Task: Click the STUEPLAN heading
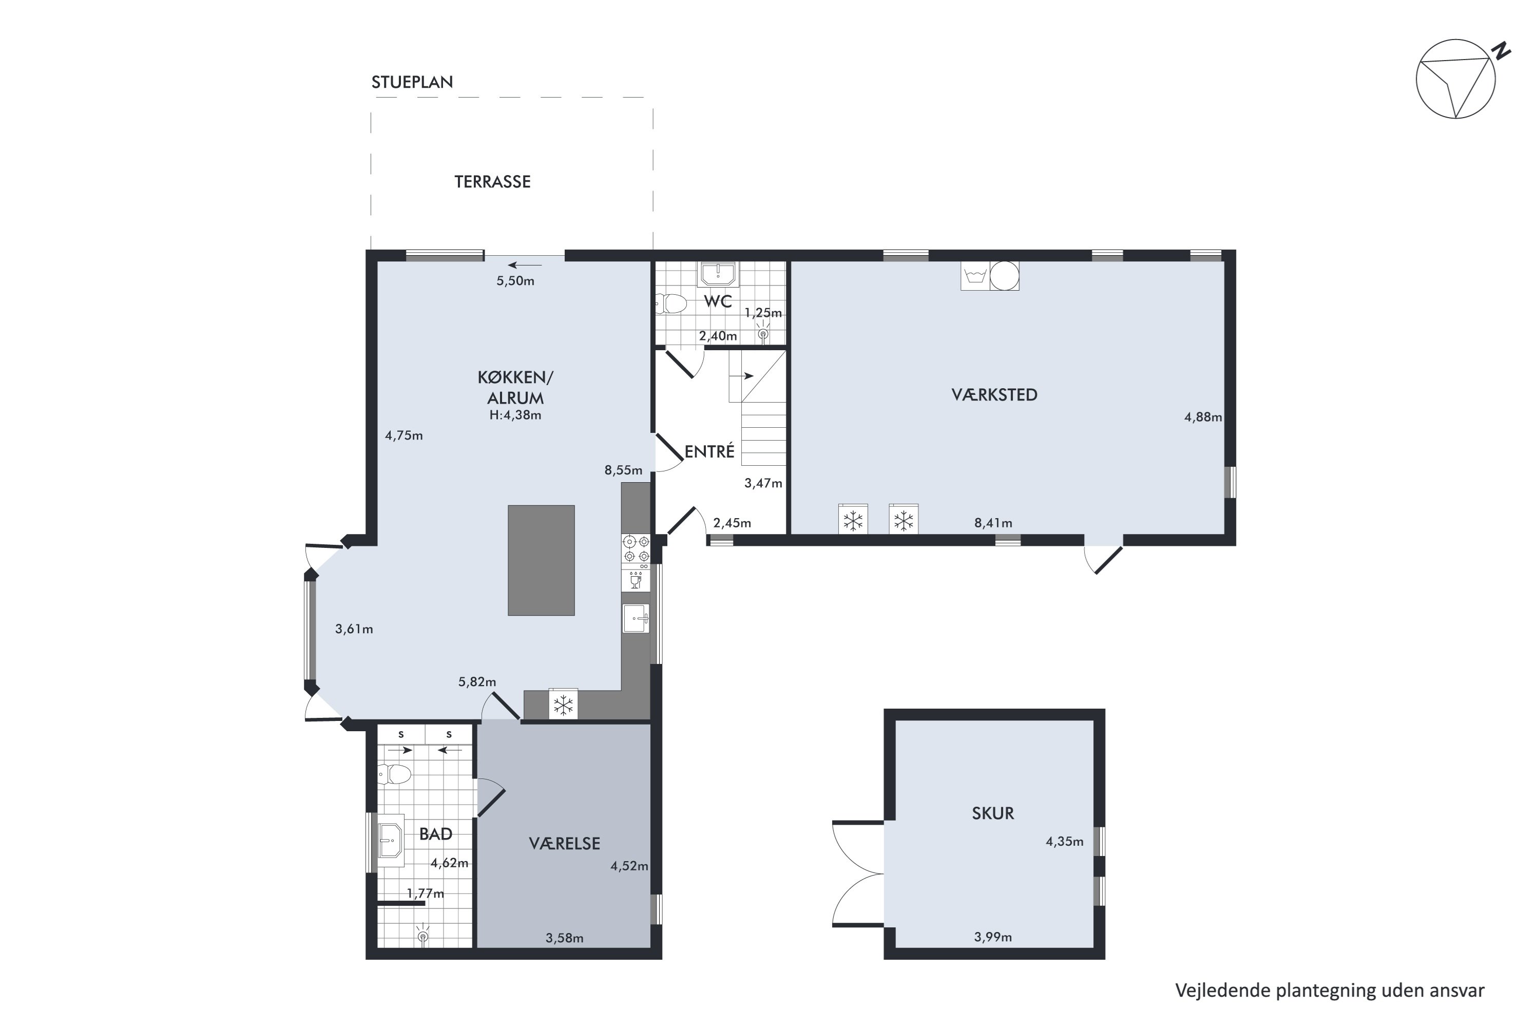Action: coord(412,82)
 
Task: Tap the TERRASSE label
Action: coord(492,181)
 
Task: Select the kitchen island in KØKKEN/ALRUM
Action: coord(541,560)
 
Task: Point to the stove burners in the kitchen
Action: coord(637,549)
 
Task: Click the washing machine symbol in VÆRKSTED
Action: coord(975,276)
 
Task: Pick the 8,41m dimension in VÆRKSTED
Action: coord(993,523)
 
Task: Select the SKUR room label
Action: coord(993,813)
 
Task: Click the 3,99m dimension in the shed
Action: coord(993,937)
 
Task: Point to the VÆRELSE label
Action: coord(564,843)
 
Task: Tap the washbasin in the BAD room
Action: coord(391,840)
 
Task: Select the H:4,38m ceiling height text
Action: coord(515,414)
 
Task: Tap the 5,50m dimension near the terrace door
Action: coord(515,281)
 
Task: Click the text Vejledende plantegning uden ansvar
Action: coord(1330,991)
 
